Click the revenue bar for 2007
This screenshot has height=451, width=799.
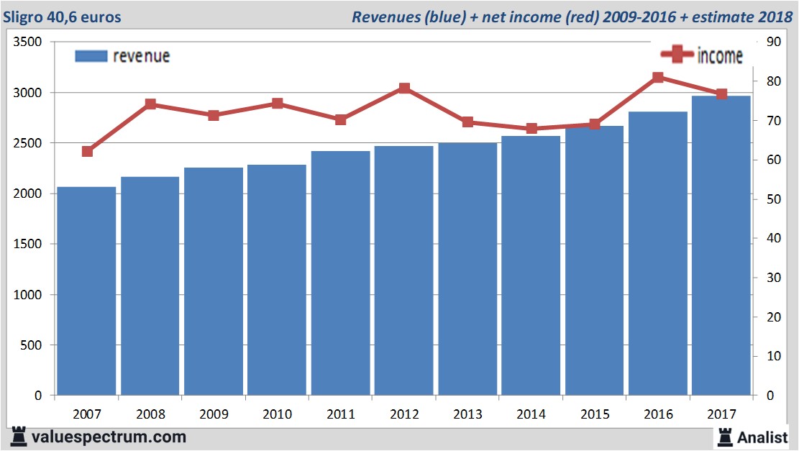click(87, 291)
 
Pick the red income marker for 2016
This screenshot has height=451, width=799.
click(657, 78)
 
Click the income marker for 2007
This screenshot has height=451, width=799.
click(87, 152)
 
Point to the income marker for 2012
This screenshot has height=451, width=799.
click(403, 88)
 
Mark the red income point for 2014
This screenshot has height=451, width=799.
click(531, 129)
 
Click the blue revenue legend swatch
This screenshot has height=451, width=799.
click(91, 56)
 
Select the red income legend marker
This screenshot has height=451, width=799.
click(677, 55)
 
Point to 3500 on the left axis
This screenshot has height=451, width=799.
click(27, 42)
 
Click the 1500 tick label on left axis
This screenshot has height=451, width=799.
click(27, 245)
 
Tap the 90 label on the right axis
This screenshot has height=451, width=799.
click(774, 42)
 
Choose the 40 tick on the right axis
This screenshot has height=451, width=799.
click(774, 238)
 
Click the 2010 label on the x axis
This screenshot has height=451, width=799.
click(277, 414)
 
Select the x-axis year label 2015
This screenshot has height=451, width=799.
click(594, 414)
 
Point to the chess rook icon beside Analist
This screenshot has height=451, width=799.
click(724, 437)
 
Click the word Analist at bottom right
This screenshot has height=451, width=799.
click(763, 437)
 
